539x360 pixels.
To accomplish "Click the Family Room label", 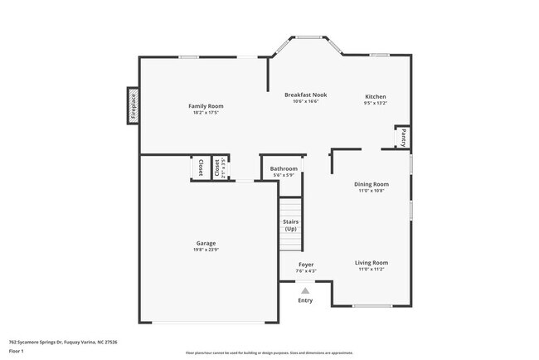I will [206, 106].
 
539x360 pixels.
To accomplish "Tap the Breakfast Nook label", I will [305, 95].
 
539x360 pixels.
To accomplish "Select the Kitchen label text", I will [375, 97].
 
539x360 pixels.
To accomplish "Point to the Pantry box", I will [402, 137].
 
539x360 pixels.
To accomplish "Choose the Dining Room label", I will [371, 184].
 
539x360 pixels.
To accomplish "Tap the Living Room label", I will [372, 263].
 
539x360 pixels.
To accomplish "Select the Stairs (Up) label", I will [290, 225].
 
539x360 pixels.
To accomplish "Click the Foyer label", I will [306, 265].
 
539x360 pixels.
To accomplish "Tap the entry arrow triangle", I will [306, 291].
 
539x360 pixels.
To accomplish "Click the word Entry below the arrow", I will [306, 300].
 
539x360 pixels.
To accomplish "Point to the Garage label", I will [206, 243].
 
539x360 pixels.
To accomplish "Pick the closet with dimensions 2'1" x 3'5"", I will [219, 168].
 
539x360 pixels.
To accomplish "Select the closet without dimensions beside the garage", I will [200, 168].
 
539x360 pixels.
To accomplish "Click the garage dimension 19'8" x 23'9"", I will [206, 250].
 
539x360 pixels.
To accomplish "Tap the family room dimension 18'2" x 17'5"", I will [206, 113].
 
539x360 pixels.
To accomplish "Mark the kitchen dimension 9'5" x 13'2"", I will [375, 104].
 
